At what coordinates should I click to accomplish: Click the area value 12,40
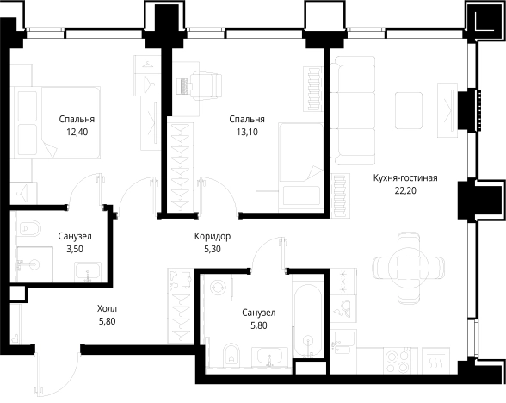(x=77, y=132)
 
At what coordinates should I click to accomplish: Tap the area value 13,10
(x=247, y=132)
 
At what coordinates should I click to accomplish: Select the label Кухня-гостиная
(x=405, y=178)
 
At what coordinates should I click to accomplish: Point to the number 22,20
(x=405, y=191)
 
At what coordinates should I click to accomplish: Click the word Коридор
(x=213, y=237)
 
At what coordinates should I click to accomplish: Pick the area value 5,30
(x=213, y=250)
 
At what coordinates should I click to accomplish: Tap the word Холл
(x=107, y=308)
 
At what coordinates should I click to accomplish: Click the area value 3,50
(x=75, y=250)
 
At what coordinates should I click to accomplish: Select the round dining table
(x=409, y=268)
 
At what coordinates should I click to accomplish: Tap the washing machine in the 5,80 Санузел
(x=219, y=288)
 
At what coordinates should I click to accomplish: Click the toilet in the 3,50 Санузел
(x=28, y=227)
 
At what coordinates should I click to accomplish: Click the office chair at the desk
(x=206, y=85)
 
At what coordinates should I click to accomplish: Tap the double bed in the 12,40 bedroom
(x=55, y=122)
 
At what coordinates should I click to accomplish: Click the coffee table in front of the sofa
(x=409, y=111)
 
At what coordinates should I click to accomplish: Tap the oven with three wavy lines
(x=435, y=361)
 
